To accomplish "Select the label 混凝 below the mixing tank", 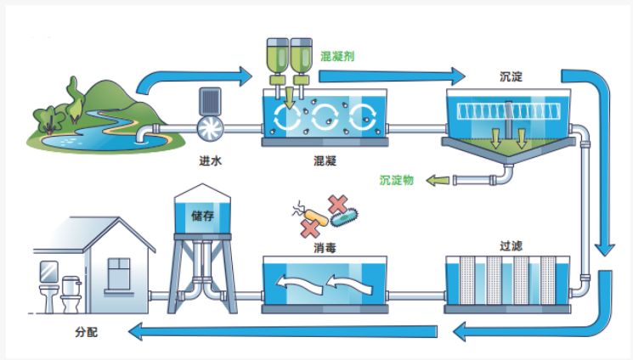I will click(325, 160).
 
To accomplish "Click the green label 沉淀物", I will click(396, 180).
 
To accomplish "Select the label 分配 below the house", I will click(87, 332).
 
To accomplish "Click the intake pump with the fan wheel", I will click(209, 127).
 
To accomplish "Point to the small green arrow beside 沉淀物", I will click(437, 180).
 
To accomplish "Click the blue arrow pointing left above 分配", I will click(255, 329).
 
